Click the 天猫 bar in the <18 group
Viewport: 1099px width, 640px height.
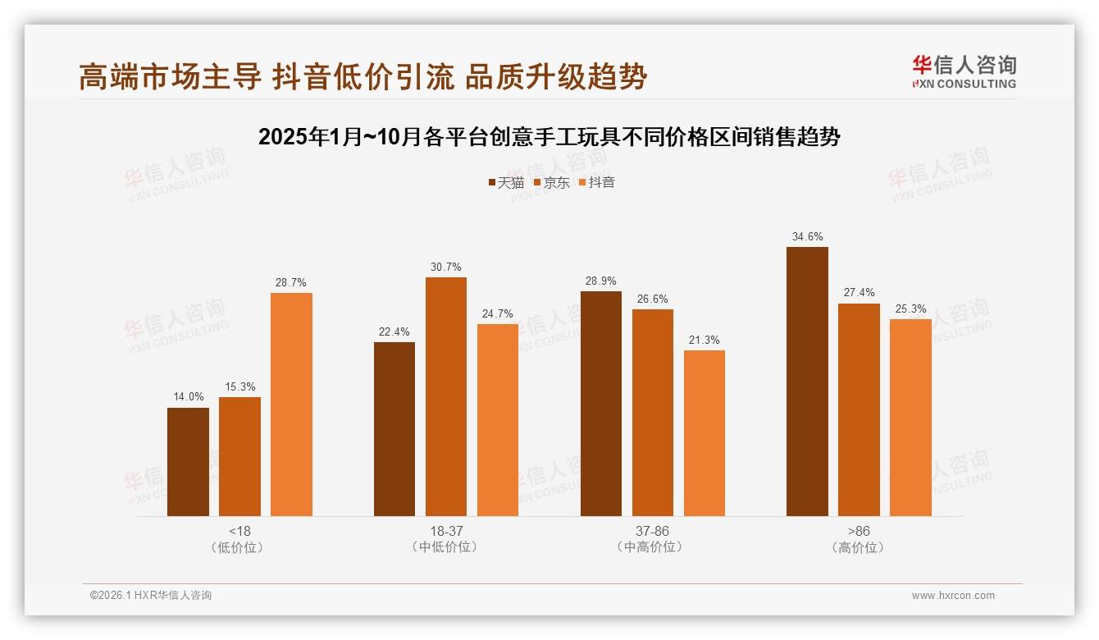(188, 462)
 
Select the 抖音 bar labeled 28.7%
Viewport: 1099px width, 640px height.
(291, 405)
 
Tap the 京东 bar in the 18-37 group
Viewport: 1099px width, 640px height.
(445, 396)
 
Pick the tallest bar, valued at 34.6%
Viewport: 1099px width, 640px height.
(807, 382)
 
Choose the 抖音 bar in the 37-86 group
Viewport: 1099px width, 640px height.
(704, 433)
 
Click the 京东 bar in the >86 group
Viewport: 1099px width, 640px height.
(859, 409)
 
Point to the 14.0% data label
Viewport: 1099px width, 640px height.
(188, 397)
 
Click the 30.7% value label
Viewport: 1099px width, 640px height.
(445, 267)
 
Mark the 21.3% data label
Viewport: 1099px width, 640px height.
(704, 340)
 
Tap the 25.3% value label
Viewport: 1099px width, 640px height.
(910, 309)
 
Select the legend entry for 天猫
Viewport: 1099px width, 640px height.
(505, 182)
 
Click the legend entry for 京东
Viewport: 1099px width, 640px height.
(551, 182)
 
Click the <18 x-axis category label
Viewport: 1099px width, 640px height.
(239, 531)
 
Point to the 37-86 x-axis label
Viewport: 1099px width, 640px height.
(652, 531)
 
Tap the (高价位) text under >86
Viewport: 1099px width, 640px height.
(858, 547)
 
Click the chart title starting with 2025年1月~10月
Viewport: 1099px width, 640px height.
(549, 137)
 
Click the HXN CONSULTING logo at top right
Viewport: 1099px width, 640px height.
(964, 72)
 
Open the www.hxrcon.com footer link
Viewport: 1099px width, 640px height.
(952, 596)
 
